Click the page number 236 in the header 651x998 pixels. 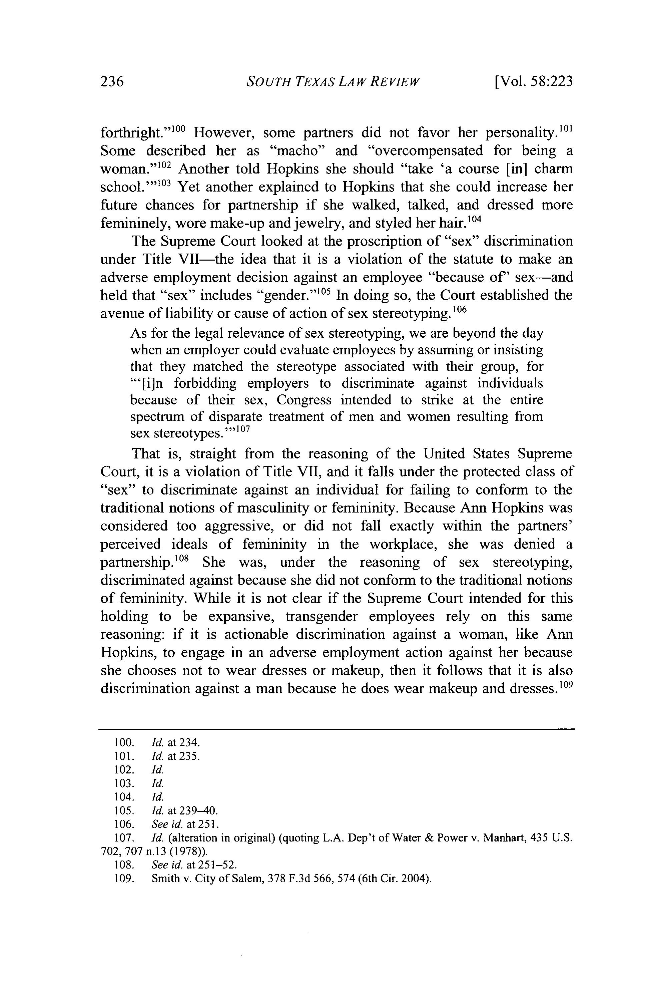pyautogui.click(x=112, y=81)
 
